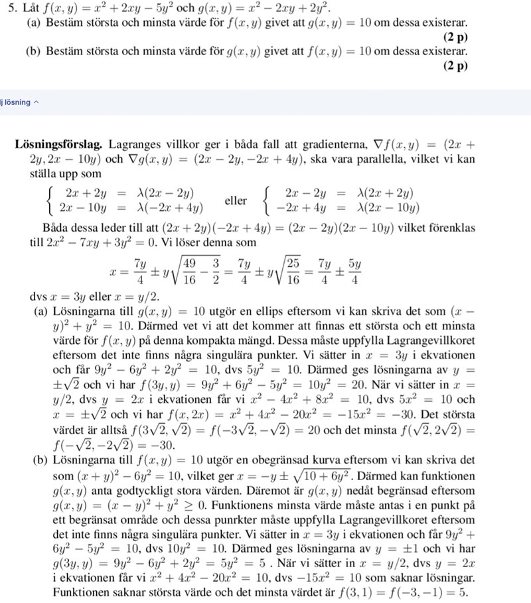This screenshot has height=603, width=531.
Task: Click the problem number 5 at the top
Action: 6,9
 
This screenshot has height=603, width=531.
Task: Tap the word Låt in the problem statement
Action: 26,9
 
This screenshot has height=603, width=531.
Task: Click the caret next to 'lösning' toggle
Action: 37,102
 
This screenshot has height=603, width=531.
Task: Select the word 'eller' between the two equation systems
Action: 236,201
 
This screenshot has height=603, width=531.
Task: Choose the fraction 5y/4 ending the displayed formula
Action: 354,271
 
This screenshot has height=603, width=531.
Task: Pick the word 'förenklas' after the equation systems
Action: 453,227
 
